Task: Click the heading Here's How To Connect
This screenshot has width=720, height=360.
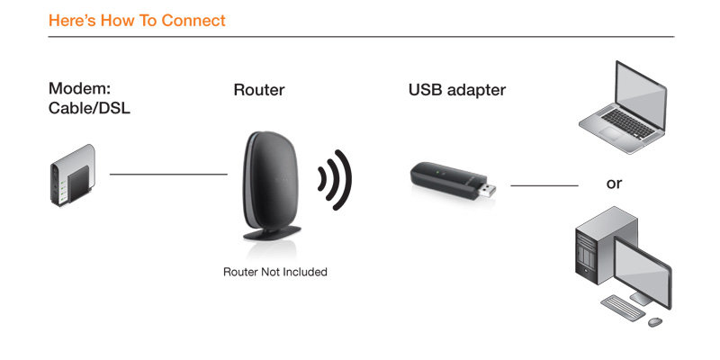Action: [x=137, y=21]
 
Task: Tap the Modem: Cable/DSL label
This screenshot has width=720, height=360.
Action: [x=89, y=98]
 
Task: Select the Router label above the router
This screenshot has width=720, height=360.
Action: [x=259, y=89]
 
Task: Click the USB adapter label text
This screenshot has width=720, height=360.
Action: [x=457, y=89]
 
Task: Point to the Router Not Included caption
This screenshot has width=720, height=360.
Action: [x=275, y=272]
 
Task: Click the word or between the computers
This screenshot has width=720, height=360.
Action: [x=614, y=184]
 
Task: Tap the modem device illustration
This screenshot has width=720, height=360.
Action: [x=73, y=175]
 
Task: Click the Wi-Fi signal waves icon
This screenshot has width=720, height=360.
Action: [x=335, y=179]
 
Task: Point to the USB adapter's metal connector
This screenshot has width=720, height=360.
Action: [x=487, y=189]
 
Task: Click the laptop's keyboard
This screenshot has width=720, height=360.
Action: [x=627, y=124]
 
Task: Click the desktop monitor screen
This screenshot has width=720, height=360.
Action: [x=643, y=272]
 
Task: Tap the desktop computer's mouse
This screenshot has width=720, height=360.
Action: [x=655, y=322]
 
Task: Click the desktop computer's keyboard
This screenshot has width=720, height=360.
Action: [x=623, y=308]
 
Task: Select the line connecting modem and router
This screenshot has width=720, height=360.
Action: [x=168, y=175]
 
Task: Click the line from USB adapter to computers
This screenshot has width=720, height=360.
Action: [x=544, y=186]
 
